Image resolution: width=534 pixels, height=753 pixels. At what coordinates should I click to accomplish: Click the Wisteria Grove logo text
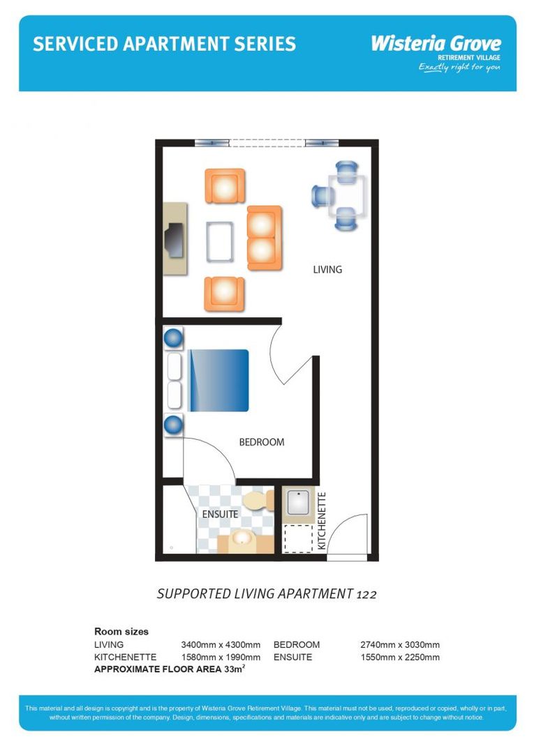click(436, 43)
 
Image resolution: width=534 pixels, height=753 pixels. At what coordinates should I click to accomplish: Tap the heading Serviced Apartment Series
click(164, 45)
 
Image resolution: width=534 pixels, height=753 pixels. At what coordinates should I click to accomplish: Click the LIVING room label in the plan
click(327, 269)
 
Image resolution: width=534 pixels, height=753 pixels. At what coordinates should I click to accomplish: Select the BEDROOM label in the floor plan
click(262, 442)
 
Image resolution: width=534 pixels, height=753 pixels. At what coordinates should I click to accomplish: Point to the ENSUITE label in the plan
click(220, 515)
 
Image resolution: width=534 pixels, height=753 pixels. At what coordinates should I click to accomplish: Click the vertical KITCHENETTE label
click(322, 522)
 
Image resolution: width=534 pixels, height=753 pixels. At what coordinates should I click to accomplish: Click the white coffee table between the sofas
click(220, 241)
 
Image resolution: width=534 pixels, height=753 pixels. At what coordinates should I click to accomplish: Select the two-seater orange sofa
click(264, 238)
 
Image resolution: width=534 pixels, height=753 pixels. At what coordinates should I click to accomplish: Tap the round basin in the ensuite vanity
click(243, 540)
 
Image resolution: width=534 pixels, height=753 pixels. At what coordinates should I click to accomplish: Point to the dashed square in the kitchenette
click(298, 538)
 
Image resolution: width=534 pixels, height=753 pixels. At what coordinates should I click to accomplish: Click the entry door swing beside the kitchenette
click(347, 535)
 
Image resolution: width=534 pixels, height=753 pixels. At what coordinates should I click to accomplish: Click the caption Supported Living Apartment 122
click(267, 594)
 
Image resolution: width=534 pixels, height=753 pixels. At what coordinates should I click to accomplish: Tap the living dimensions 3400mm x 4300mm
click(221, 645)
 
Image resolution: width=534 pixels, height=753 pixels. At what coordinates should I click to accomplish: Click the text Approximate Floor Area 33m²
click(170, 669)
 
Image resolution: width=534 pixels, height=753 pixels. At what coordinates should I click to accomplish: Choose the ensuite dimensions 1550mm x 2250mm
click(400, 657)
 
